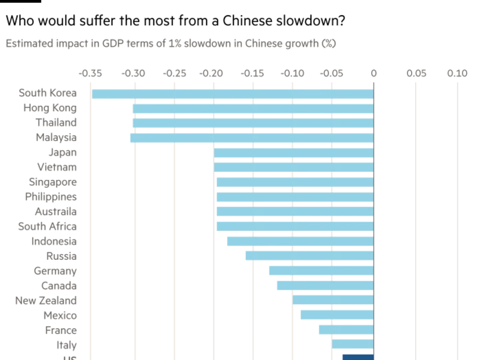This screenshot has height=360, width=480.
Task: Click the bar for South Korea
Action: click(x=232, y=94)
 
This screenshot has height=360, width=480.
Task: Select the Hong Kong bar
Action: click(x=253, y=108)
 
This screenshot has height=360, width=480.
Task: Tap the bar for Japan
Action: click(x=294, y=153)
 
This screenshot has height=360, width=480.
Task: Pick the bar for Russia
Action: click(x=309, y=256)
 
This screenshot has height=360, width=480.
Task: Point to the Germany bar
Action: click(x=321, y=271)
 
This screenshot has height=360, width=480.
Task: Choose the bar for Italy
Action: click(x=353, y=345)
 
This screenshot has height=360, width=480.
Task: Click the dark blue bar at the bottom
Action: click(x=358, y=357)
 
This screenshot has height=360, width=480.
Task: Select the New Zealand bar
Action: click(x=333, y=300)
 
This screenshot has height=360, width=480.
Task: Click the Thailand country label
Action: click(x=56, y=123)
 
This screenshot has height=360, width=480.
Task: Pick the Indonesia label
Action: click(x=55, y=241)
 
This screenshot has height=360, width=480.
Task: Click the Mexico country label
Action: click(x=60, y=315)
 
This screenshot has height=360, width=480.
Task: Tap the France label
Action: click(x=61, y=330)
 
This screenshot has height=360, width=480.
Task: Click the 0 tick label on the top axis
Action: click(x=374, y=74)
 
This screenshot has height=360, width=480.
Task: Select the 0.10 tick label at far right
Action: click(x=457, y=74)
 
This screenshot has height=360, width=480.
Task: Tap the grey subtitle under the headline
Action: click(x=171, y=43)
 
